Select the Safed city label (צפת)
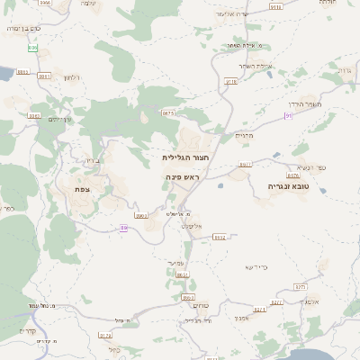pyautogui.click(x=82, y=189)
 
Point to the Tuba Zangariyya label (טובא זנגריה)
pyautogui.click(x=288, y=186)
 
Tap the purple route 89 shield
pyautogui.click(x=123, y=228)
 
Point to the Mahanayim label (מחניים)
pyautogui.click(x=246, y=136)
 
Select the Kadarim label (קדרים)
pyautogui.click(x=27, y=330)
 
